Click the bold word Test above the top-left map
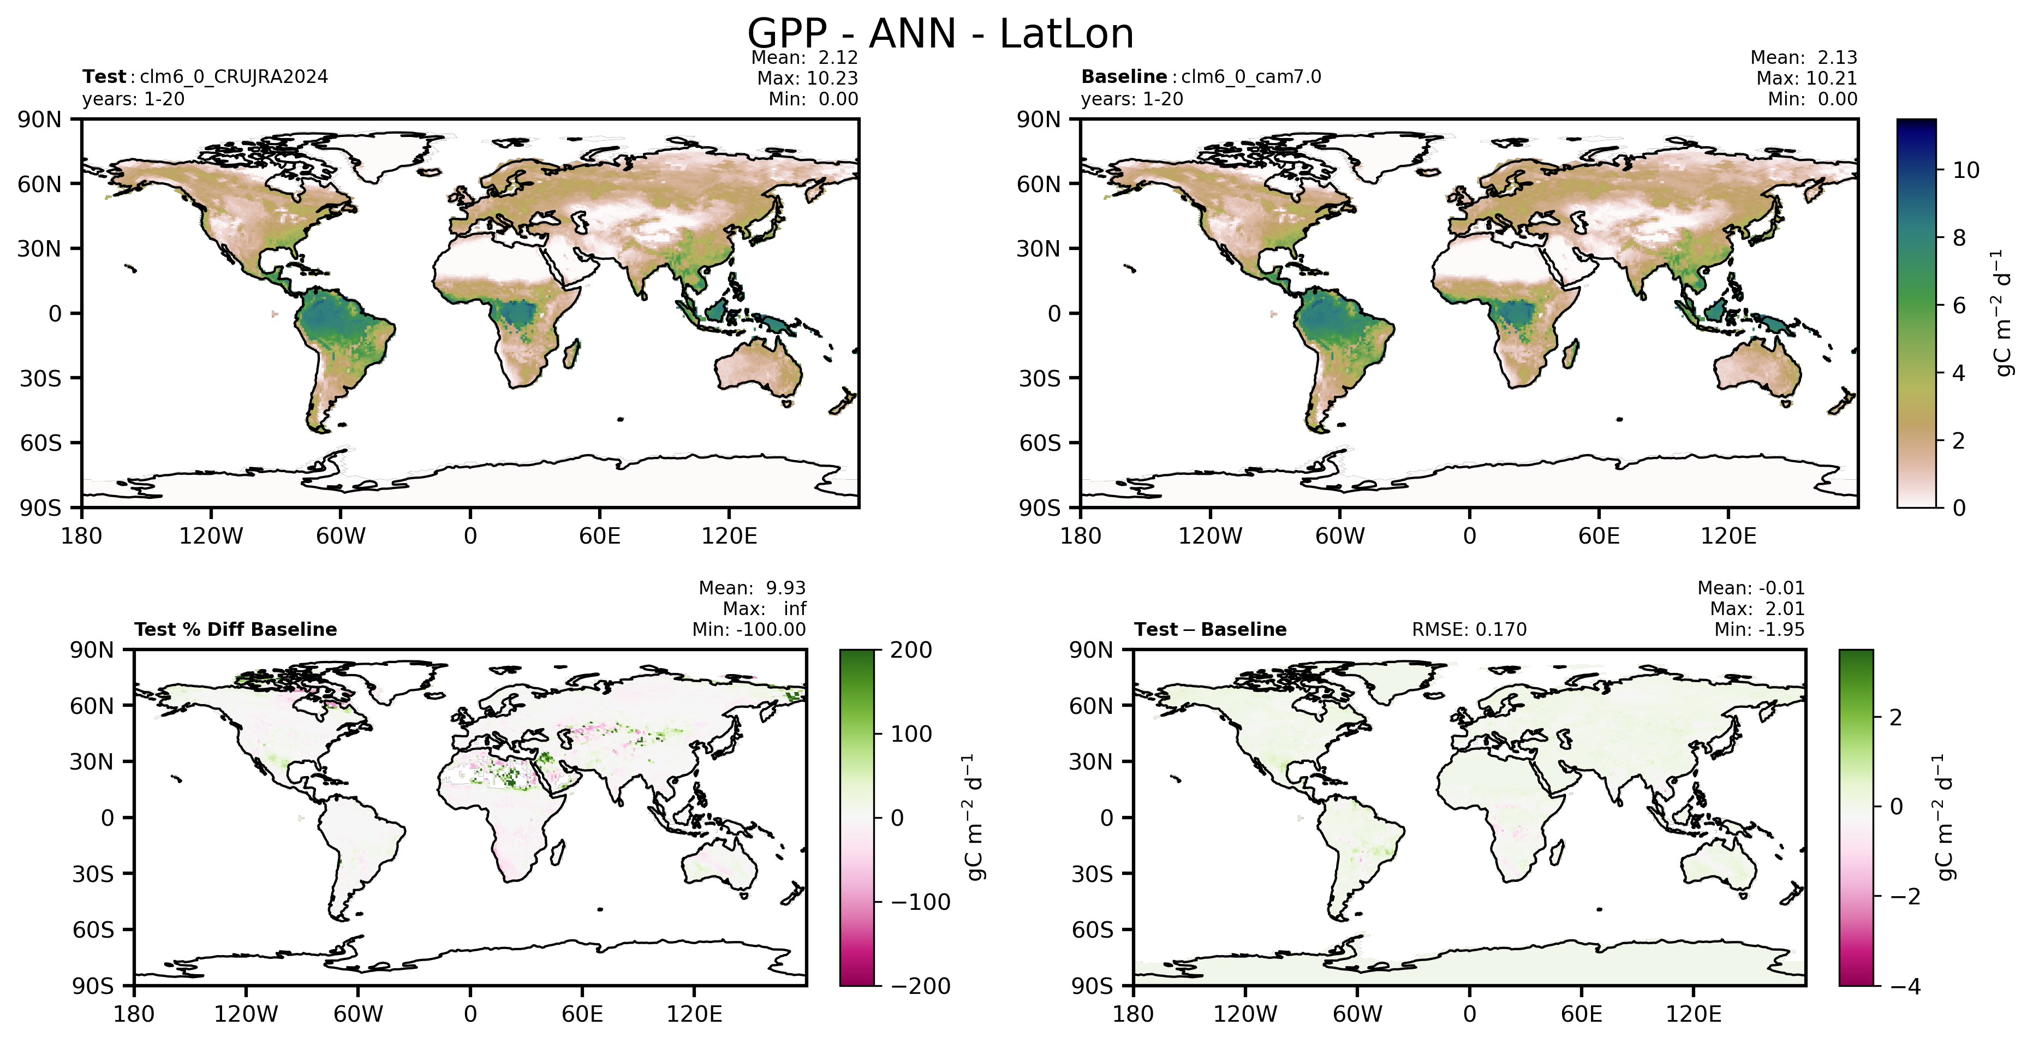[x=104, y=76]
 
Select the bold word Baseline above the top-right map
[x=1124, y=76]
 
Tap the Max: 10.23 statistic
[x=807, y=78]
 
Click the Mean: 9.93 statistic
[x=752, y=588]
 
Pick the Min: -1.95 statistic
[x=1759, y=630]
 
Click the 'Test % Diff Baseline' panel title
[x=235, y=630]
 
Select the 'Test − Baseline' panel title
[x=1210, y=630]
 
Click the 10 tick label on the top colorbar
[x=1966, y=170]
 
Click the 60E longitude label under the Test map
[x=600, y=537]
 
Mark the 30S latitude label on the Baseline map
[x=1039, y=379]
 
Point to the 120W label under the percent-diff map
[x=246, y=1014]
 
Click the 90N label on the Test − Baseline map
[x=1090, y=650]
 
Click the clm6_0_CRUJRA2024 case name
[x=234, y=76]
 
